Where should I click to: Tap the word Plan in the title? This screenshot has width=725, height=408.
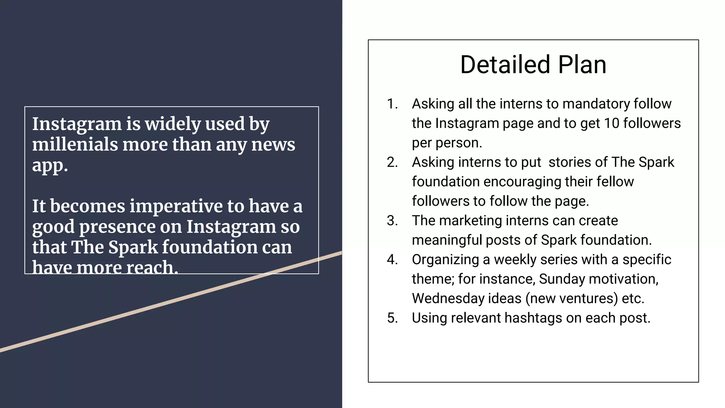pyautogui.click(x=582, y=65)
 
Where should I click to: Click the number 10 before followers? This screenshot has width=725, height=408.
pyautogui.click(x=611, y=124)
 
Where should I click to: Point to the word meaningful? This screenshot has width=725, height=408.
pyautogui.click(x=447, y=240)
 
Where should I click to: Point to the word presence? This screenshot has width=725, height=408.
pyautogui.click(x=117, y=227)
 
